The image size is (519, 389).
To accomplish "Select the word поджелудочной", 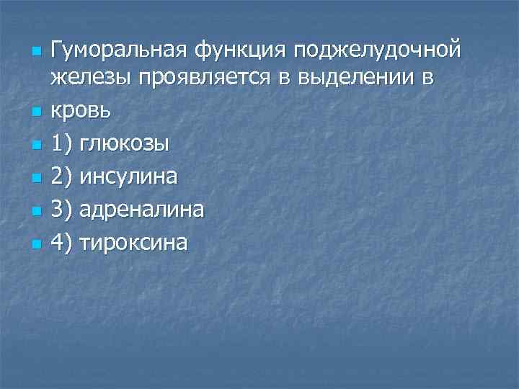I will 380,51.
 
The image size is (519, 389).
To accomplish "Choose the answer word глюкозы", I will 125,143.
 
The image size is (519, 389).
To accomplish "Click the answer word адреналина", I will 142,210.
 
